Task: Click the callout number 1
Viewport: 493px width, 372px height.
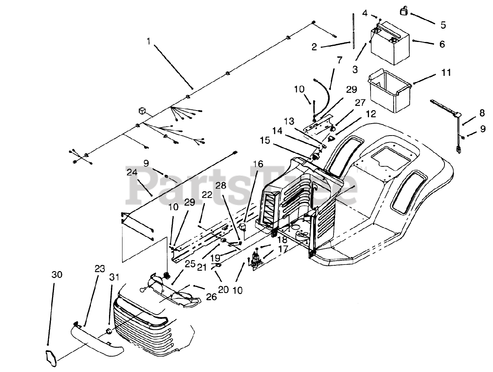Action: (148, 41)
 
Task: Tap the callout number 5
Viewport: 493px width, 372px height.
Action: (443, 25)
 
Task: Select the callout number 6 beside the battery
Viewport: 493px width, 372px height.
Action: (442, 44)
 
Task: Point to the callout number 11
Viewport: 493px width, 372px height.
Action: (446, 72)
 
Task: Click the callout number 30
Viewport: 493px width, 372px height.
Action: (57, 275)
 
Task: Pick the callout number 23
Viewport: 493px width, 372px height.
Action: (100, 268)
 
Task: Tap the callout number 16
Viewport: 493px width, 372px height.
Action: (258, 164)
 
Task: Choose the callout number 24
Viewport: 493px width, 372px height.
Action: (132, 172)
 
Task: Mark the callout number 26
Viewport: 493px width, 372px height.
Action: (211, 297)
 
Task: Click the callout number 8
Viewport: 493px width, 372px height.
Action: (482, 113)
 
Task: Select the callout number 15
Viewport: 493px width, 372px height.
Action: (265, 141)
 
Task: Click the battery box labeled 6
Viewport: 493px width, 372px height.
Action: (390, 43)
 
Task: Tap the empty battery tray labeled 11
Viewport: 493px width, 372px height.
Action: (390, 91)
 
